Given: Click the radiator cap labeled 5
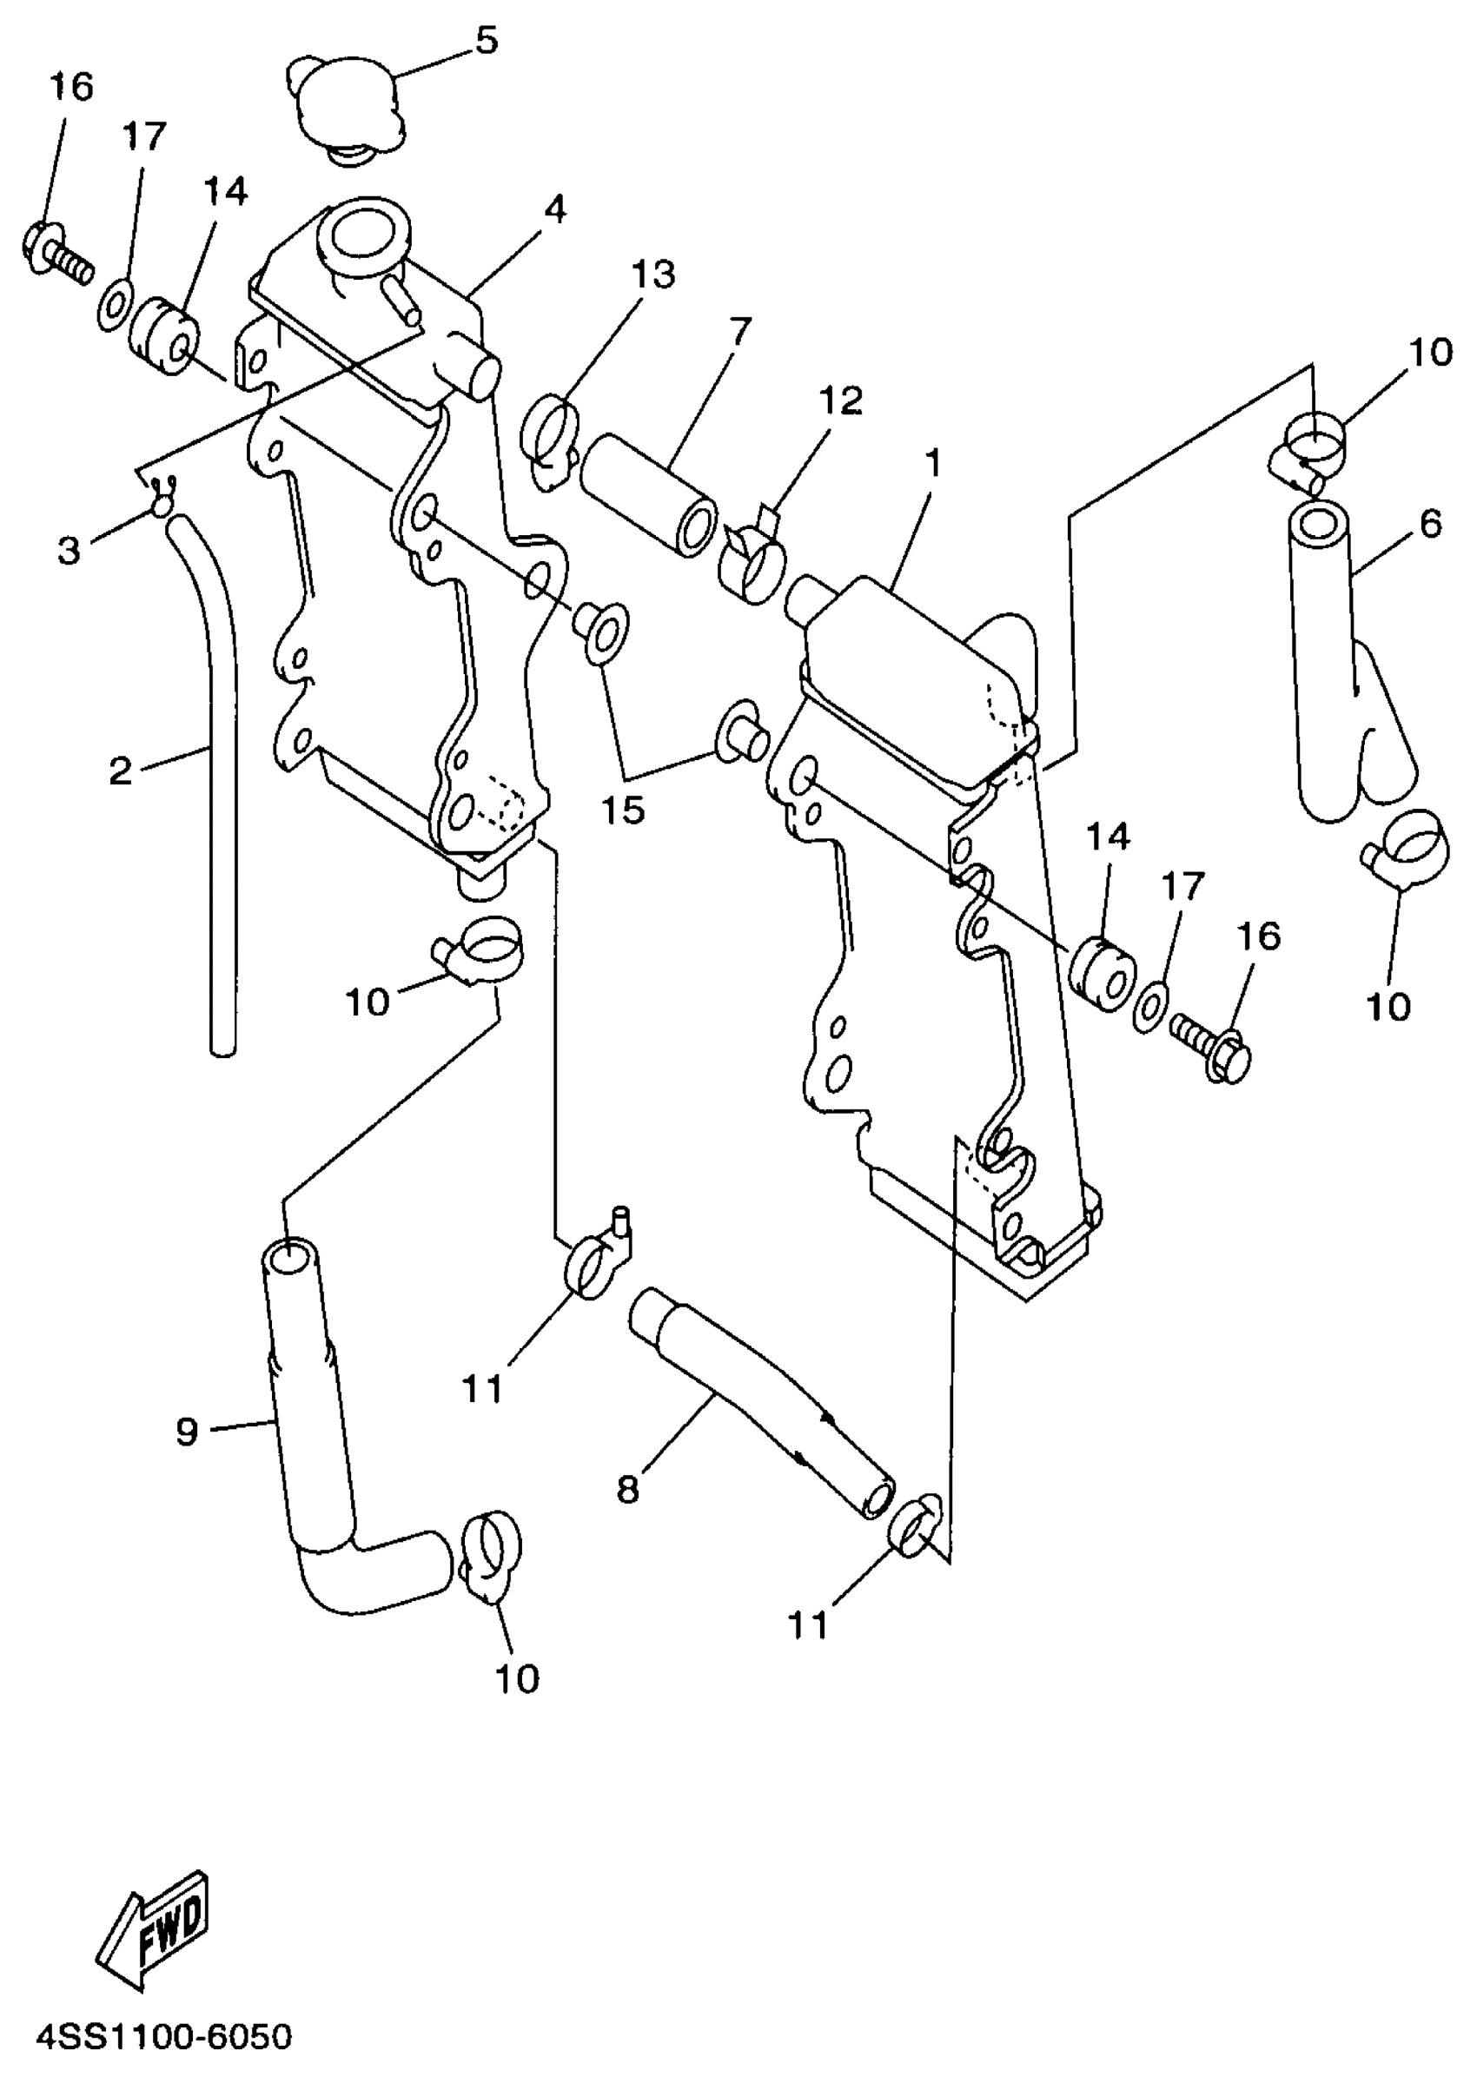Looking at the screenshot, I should (x=347, y=109).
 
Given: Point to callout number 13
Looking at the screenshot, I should (x=653, y=274).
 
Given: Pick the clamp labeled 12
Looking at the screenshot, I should (x=752, y=559).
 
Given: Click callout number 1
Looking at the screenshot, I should (x=932, y=464).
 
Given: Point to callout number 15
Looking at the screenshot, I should (x=623, y=810).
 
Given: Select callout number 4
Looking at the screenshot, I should (x=555, y=209).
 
